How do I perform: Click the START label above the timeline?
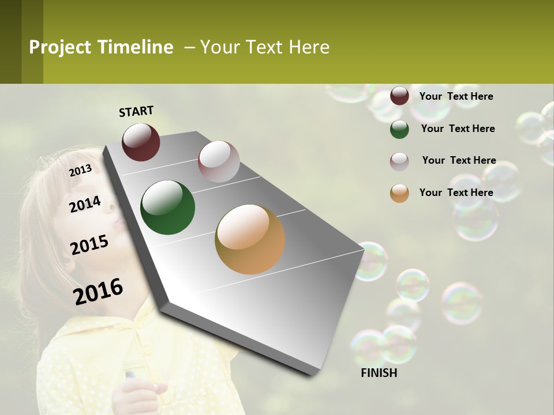point(136,111)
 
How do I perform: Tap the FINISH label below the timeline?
point(379,373)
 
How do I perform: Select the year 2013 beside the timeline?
point(81,171)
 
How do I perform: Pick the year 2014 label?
point(85,204)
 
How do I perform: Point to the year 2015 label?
point(89,245)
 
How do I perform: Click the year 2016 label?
point(98,291)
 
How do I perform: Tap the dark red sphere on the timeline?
point(141,142)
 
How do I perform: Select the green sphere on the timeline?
point(167,207)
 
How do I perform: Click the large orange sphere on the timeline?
point(250,239)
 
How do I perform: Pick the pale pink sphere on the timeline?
point(219,161)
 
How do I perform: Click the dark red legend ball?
point(399,96)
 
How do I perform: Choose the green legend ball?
point(399,129)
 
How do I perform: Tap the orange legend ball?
point(399,193)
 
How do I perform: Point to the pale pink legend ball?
point(399,161)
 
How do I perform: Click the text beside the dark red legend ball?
point(456,96)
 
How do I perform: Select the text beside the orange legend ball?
point(456,193)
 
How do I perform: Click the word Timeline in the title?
point(135,47)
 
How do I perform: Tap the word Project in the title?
point(60,47)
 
